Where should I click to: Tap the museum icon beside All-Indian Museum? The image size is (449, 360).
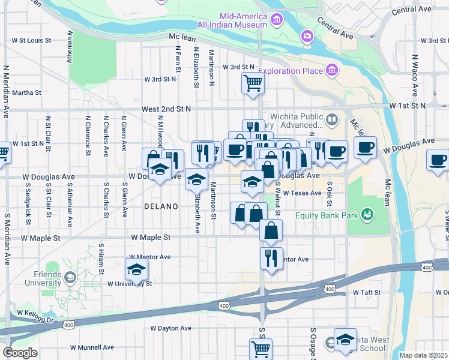(277, 21)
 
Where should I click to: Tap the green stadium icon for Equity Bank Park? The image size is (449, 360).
(367, 214)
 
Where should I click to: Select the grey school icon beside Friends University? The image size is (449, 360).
(71, 277)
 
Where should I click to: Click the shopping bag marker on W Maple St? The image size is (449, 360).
(271, 230)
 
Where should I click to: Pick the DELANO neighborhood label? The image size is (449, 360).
(161, 206)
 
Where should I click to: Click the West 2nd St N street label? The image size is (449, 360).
(166, 109)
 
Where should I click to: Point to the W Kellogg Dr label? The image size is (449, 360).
(36, 313)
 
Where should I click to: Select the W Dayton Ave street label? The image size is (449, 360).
(170, 328)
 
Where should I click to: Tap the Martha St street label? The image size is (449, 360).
(26, 93)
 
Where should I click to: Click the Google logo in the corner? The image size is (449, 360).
(20, 353)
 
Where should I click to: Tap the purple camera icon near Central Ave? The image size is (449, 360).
(307, 37)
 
